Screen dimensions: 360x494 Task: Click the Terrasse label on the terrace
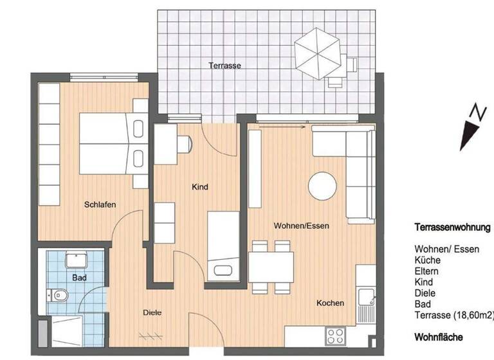pyautogui.click(x=224, y=66)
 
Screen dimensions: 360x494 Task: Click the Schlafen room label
pyautogui.click(x=100, y=205)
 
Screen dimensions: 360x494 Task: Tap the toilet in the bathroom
pyautogui.click(x=60, y=296)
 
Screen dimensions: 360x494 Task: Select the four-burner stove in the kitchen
pyautogui.click(x=336, y=336)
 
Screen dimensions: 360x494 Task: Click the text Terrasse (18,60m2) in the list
pyautogui.click(x=454, y=315)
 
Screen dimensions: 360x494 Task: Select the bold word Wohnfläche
pyautogui.click(x=439, y=337)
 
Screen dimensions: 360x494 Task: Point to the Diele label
pyautogui.click(x=152, y=313)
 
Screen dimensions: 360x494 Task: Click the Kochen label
pyautogui.click(x=330, y=303)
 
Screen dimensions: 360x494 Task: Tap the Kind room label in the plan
pyautogui.click(x=200, y=187)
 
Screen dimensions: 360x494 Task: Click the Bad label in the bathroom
pyautogui.click(x=79, y=278)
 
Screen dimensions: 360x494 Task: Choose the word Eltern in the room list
pyautogui.click(x=427, y=271)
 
